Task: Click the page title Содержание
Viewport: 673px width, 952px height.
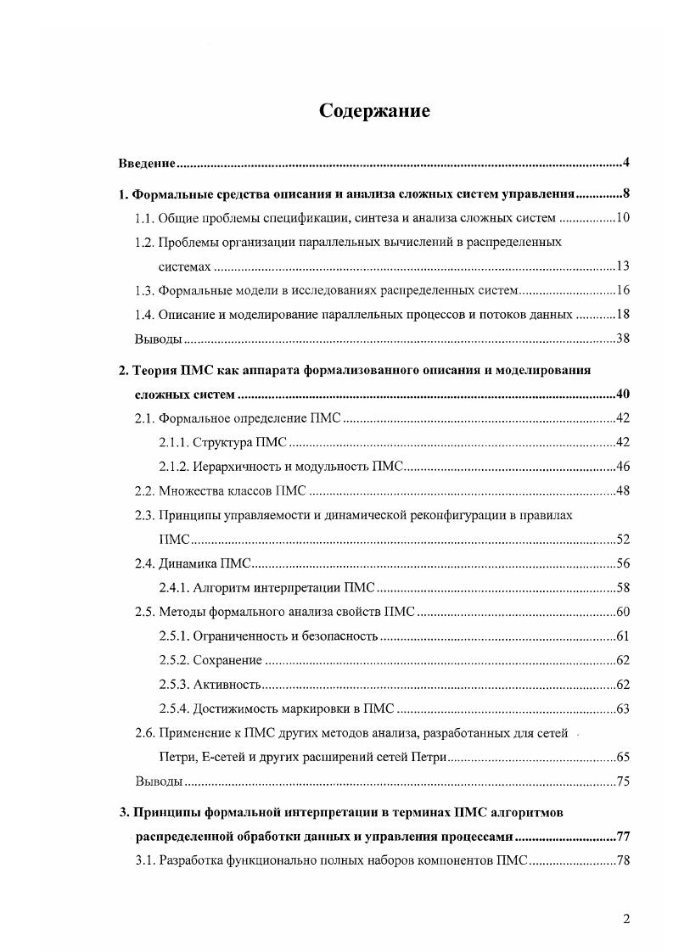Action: pyautogui.click(x=374, y=111)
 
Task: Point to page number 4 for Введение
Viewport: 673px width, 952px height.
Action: pyautogui.click(x=625, y=163)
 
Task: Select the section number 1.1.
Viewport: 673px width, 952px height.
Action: pyautogui.click(x=145, y=218)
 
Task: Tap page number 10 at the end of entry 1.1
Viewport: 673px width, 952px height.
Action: pyautogui.click(x=622, y=218)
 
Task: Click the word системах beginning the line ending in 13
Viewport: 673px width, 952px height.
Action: pyautogui.click(x=184, y=266)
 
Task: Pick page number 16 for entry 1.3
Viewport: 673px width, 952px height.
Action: pyautogui.click(x=622, y=291)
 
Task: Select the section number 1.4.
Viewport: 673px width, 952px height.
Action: pyautogui.click(x=145, y=315)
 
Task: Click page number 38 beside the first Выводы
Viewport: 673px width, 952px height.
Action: pyautogui.click(x=622, y=339)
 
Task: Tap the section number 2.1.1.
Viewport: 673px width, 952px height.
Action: pyautogui.click(x=173, y=442)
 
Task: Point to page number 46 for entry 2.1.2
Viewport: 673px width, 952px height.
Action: pyautogui.click(x=622, y=467)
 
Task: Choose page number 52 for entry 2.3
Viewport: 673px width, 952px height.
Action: pyautogui.click(x=622, y=540)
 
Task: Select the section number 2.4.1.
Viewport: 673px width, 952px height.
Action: pyautogui.click(x=173, y=587)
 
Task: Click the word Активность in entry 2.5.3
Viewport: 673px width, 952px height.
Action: pyautogui.click(x=227, y=685)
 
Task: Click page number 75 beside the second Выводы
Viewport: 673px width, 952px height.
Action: pyautogui.click(x=622, y=781)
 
